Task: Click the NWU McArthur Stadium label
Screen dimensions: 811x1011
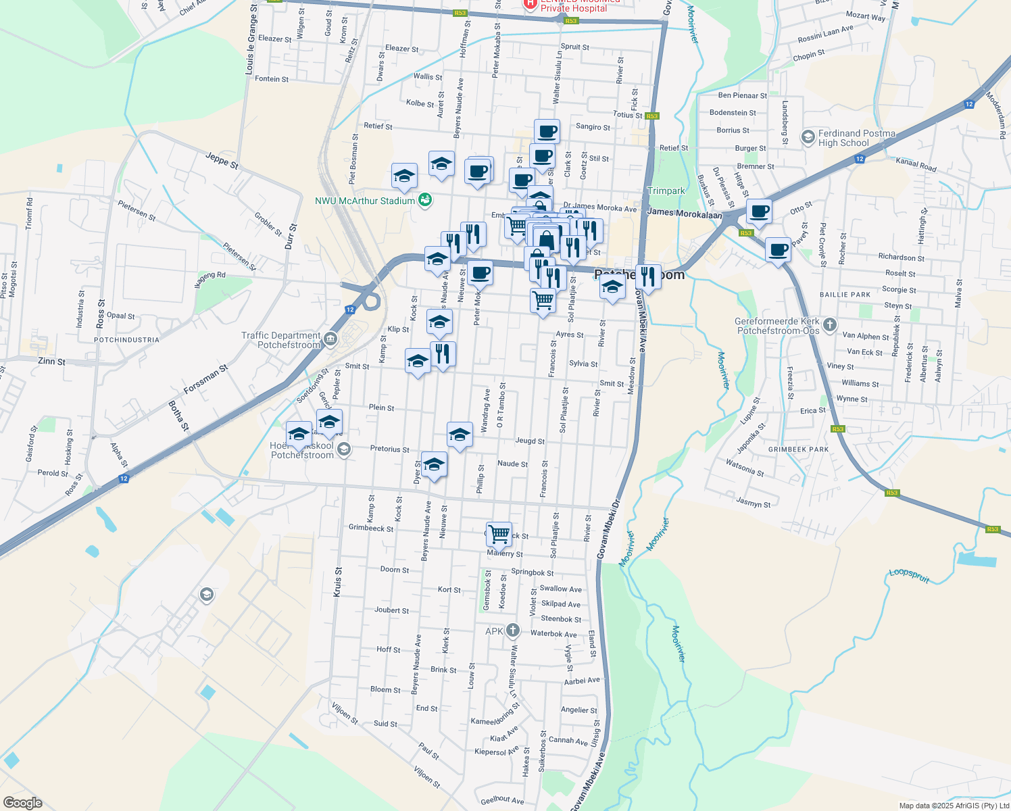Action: click(365, 201)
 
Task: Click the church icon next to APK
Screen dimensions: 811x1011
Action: click(512, 631)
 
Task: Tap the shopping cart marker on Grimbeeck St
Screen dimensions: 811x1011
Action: click(499, 534)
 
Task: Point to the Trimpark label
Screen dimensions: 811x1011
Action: click(666, 191)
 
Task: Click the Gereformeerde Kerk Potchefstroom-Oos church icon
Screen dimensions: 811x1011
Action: click(830, 325)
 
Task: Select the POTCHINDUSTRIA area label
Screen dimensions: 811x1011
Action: click(126, 340)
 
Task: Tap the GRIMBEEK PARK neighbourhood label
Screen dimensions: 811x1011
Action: click(798, 449)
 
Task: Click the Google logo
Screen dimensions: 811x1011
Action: click(22, 803)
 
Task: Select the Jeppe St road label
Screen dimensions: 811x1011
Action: click(222, 161)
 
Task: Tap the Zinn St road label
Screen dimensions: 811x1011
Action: click(52, 362)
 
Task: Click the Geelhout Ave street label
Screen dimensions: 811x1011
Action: click(502, 800)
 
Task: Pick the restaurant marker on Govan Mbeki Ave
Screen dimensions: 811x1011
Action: click(647, 276)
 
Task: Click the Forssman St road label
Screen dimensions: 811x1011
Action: click(206, 380)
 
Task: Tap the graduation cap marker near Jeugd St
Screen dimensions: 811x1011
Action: click(460, 435)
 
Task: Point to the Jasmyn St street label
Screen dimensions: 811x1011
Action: click(753, 503)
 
